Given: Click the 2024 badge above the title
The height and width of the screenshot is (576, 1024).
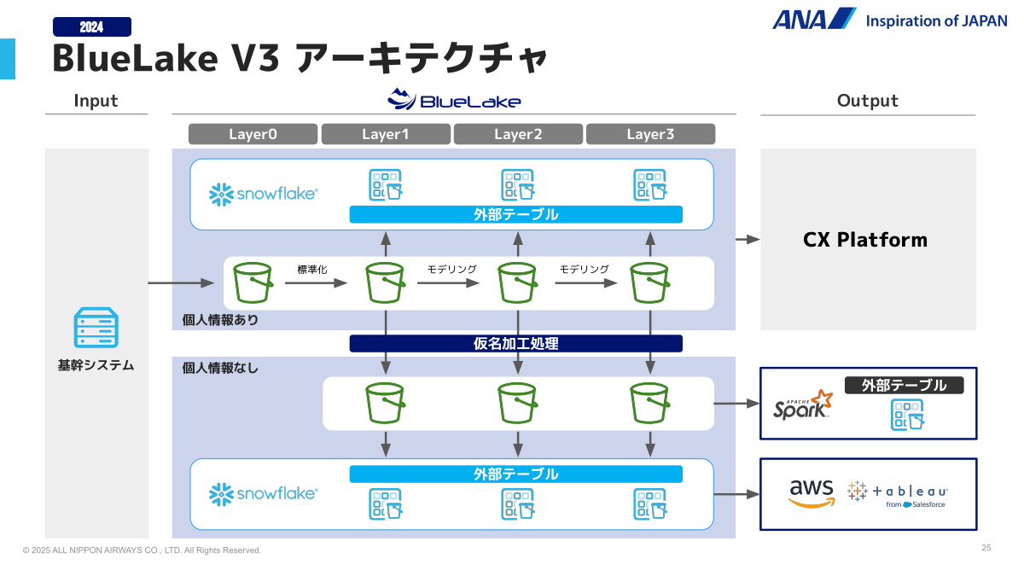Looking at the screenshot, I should tap(92, 27).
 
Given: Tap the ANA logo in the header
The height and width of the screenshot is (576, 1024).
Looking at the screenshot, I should tap(814, 19).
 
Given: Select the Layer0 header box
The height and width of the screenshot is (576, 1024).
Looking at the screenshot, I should tap(253, 134).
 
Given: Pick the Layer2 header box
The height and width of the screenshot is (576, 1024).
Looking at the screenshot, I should tap(518, 134).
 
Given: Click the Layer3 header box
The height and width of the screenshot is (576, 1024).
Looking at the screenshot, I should tap(650, 134).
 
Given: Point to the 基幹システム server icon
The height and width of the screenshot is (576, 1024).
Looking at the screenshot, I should tap(96, 328).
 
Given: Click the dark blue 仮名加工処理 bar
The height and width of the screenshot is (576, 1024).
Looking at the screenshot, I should tap(515, 344).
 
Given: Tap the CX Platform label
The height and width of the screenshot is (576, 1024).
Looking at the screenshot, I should tap(865, 240).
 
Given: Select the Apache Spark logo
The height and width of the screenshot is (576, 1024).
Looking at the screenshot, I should tap(802, 405).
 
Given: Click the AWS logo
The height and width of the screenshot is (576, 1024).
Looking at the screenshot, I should tap(811, 492).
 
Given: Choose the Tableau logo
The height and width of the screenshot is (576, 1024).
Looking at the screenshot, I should tap(898, 493).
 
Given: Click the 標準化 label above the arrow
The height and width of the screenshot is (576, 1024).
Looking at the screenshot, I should tap(312, 270).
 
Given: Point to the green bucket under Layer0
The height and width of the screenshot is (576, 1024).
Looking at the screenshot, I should tap(253, 282).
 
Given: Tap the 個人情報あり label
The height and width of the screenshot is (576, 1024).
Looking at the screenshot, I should tap(220, 320).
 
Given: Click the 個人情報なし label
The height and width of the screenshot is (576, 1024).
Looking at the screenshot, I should tap(220, 369).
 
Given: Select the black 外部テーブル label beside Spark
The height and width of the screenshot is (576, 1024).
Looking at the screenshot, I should tap(904, 386).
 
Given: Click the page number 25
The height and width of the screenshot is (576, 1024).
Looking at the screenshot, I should tap(986, 548).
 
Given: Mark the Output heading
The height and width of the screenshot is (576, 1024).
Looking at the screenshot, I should tap(868, 101).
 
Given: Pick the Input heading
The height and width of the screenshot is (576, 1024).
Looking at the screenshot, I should tap(96, 101).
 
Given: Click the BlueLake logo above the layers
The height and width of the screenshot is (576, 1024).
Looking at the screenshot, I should tap(454, 100).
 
